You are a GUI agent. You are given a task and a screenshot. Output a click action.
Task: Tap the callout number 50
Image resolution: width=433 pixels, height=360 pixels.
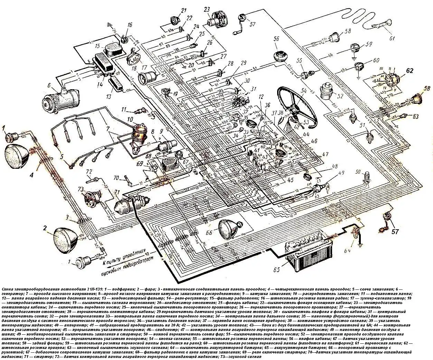(x=357, y=172)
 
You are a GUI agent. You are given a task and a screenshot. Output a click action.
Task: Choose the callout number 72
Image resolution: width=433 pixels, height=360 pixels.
(x=89, y=172)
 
